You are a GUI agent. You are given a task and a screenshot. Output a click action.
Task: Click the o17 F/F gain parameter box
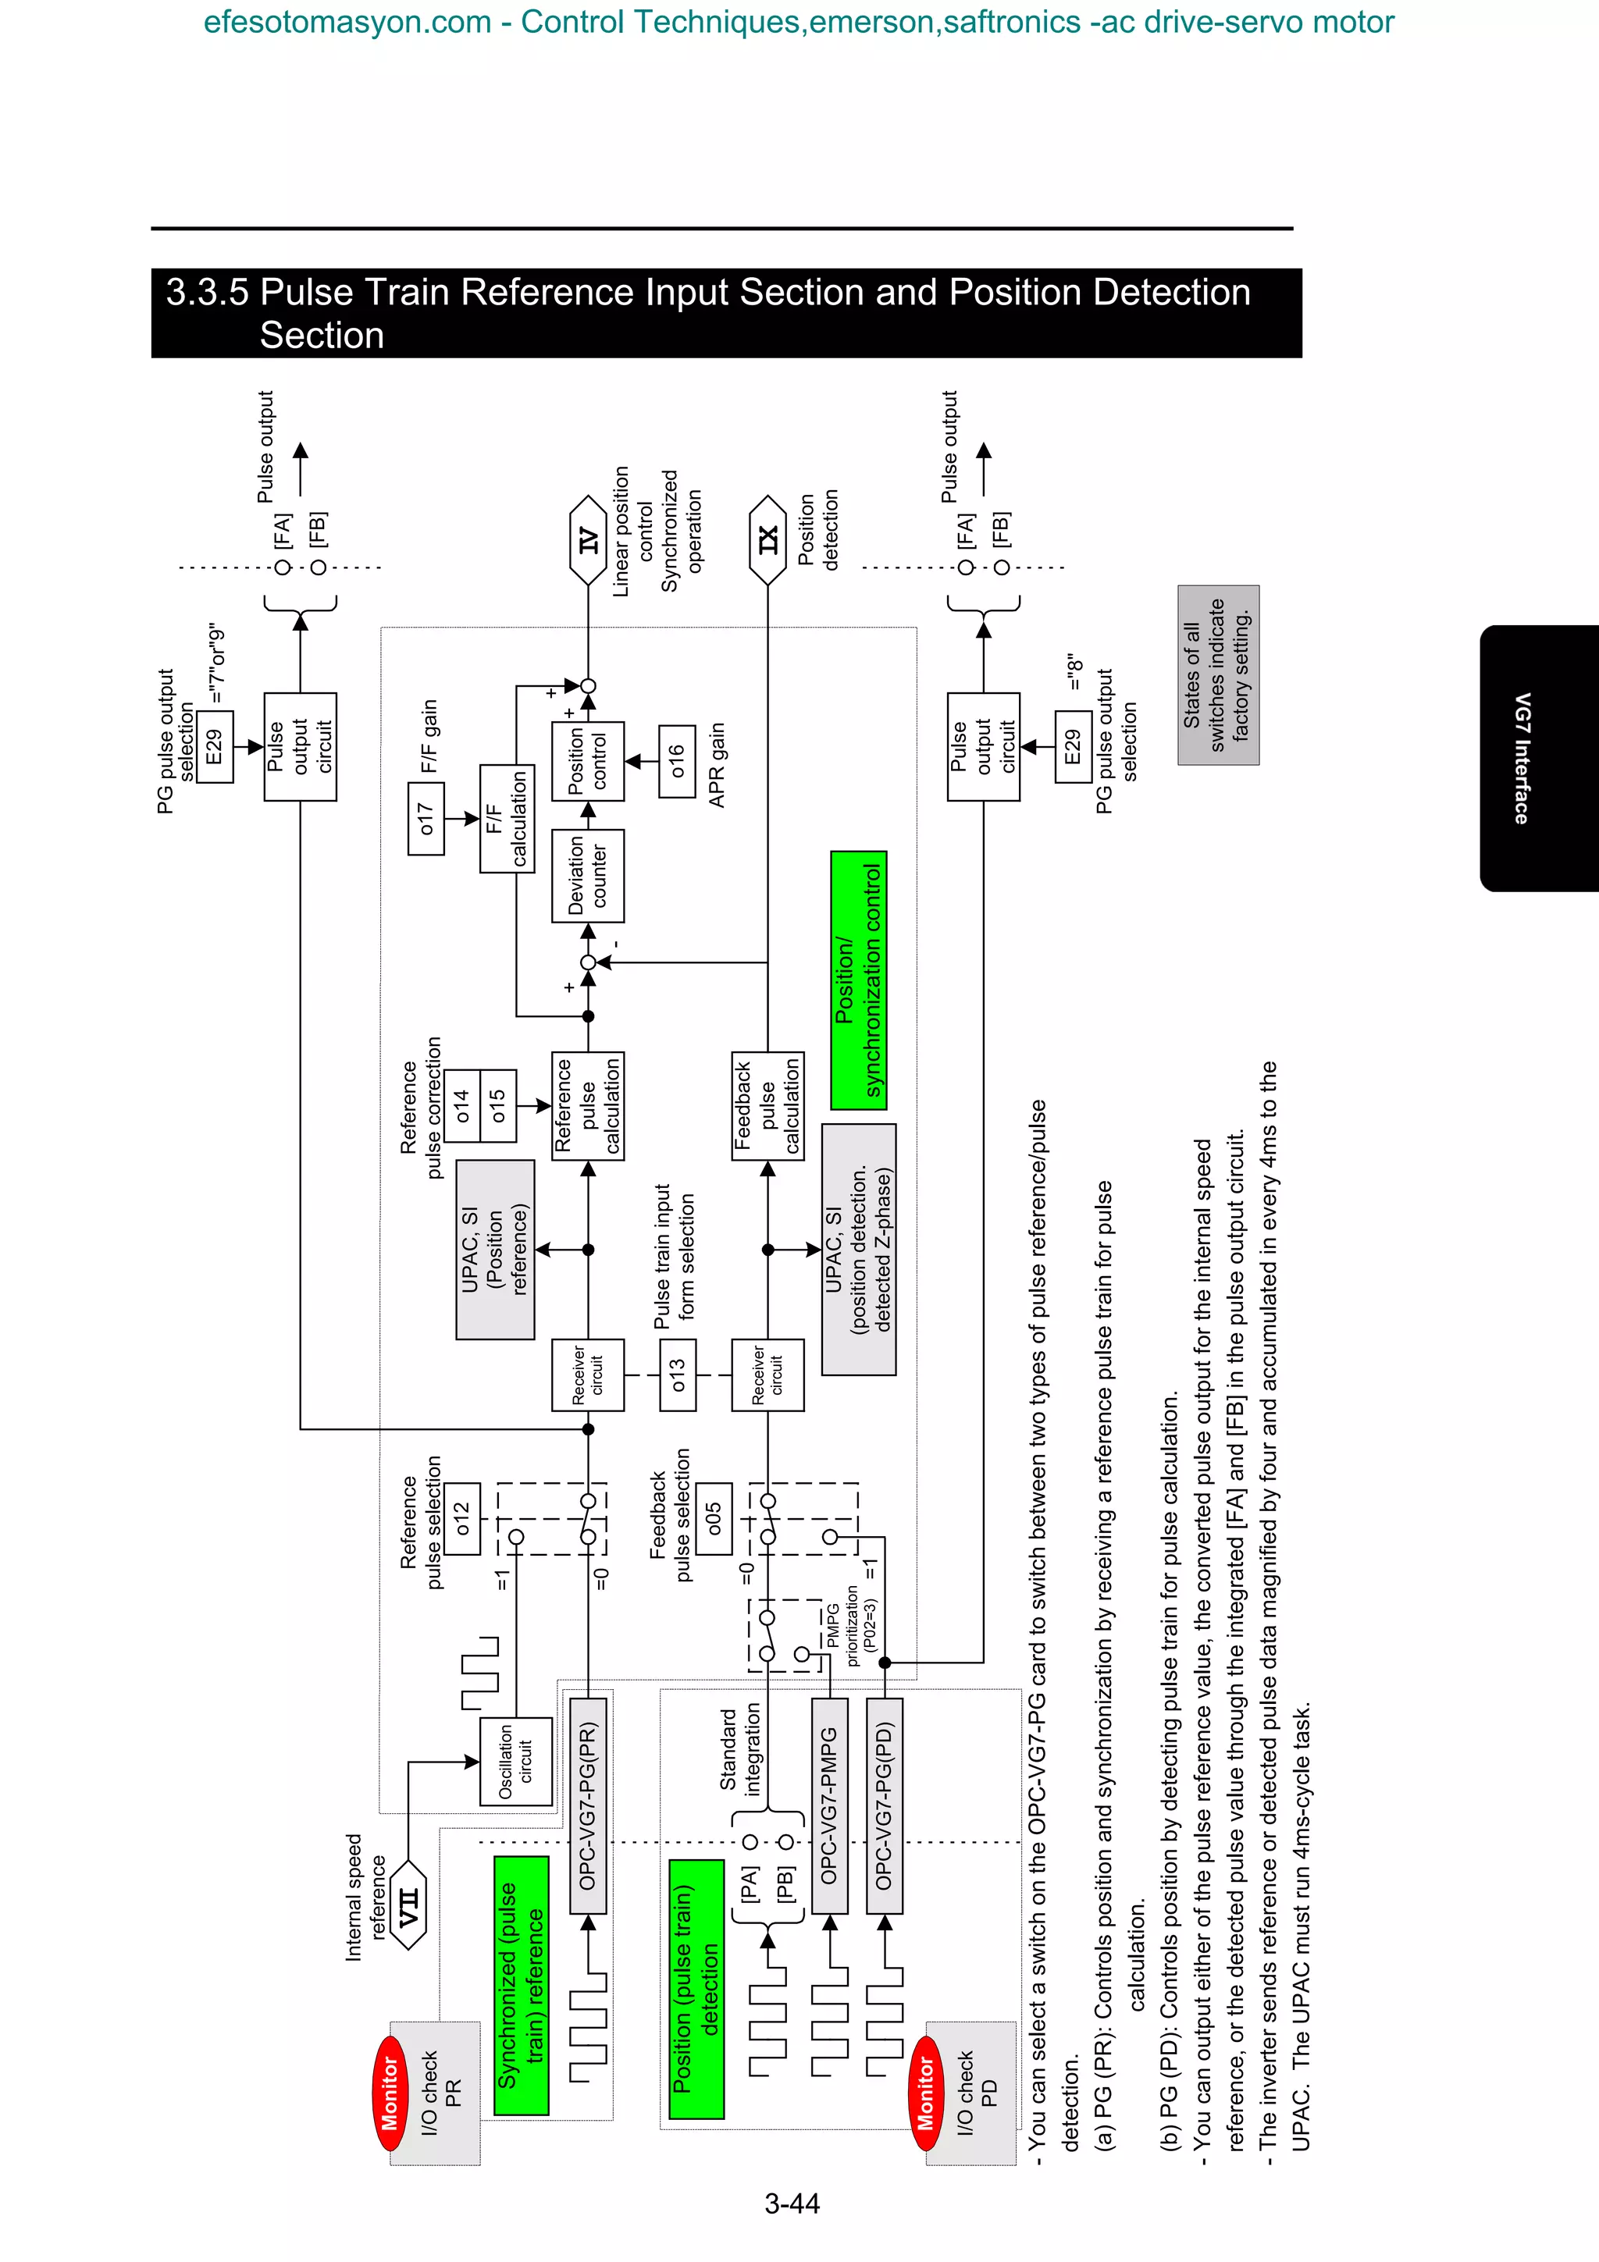coord(426,819)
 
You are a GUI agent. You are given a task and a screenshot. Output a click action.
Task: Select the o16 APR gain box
coord(677,762)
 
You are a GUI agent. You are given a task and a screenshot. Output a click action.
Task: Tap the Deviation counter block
coord(587,876)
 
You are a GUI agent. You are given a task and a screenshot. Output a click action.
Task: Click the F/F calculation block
coord(507,819)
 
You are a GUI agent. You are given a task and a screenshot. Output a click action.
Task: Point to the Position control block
coord(587,762)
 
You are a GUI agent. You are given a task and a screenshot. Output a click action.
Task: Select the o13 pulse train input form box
coord(677,1375)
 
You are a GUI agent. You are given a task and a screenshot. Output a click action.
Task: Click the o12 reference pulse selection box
coord(462,1518)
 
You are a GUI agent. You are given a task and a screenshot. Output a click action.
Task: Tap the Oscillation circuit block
coord(515,1762)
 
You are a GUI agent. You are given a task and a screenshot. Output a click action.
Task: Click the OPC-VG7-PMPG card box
coord(829,1805)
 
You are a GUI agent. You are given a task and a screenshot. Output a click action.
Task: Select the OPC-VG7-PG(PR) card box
coord(588,1805)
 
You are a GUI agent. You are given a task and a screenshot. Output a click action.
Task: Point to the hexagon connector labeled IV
coord(588,541)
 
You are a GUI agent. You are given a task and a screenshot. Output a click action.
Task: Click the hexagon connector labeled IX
coord(767,541)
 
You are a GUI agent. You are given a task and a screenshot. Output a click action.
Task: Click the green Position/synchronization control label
coord(858,980)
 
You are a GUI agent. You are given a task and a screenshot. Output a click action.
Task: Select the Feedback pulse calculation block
coord(767,1105)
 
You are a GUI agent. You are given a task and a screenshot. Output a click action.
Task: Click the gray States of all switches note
coord(1218,675)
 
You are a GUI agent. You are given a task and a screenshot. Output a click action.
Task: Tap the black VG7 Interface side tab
coord(1537,758)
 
